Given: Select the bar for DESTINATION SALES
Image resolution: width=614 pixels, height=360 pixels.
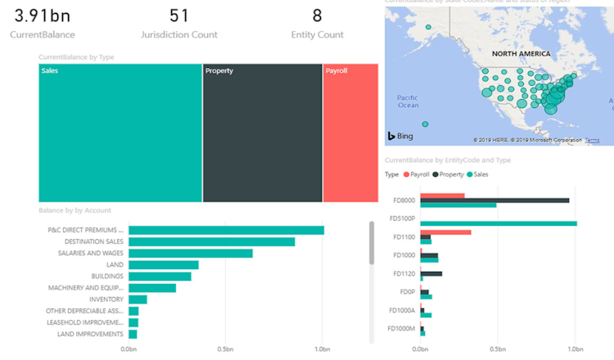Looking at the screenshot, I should point(211,241).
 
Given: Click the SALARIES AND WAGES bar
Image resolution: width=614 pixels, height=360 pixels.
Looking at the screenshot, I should point(190,253).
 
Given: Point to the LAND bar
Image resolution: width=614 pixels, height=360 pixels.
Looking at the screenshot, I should point(163,265).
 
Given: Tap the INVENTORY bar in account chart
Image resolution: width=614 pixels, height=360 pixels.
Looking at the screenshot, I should point(138,299).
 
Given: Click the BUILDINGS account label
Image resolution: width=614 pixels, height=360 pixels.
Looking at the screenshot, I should point(108,277).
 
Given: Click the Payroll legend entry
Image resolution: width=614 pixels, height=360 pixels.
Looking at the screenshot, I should point(416,174).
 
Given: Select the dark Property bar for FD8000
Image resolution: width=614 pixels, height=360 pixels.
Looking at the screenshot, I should point(494,200).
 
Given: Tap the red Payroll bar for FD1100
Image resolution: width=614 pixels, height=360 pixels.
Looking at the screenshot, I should point(445,232).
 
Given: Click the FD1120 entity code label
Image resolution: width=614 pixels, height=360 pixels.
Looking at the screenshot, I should point(404,273).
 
